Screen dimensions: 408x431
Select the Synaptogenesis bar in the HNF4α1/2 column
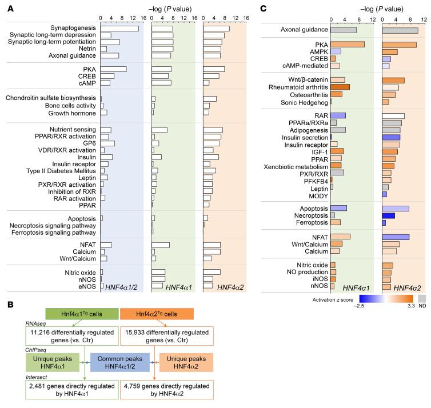119,29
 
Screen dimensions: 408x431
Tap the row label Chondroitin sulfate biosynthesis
51,98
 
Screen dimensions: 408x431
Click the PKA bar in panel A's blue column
113,69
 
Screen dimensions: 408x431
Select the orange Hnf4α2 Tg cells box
157,313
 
